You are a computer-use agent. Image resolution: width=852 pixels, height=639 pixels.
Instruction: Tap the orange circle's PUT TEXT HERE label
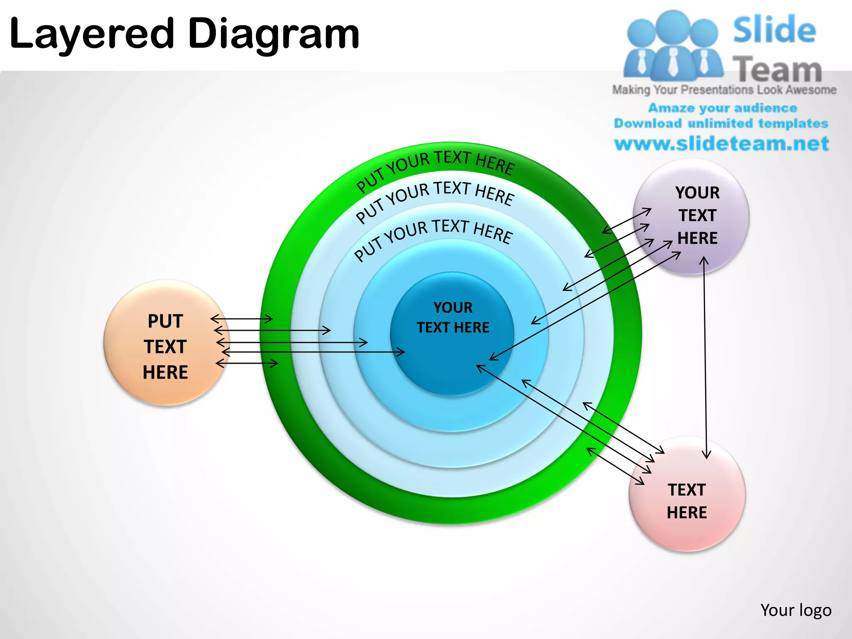coord(165,347)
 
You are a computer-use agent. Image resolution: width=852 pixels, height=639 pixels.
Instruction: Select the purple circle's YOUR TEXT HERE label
coord(697,215)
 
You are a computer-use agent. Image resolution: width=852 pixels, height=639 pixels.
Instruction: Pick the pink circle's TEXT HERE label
coord(687,501)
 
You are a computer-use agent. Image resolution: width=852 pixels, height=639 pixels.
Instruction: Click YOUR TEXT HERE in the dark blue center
coord(453,317)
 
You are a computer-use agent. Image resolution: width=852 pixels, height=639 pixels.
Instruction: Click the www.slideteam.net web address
coord(722,144)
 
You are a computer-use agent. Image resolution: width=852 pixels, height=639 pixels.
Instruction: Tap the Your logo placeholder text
coord(796,610)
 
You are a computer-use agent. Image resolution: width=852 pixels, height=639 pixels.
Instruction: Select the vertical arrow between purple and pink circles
coord(705,358)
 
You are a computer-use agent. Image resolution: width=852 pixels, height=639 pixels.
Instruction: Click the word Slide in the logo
coord(774,30)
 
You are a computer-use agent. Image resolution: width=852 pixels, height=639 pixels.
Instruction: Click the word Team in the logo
coord(777,69)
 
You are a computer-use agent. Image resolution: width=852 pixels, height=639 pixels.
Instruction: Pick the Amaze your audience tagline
coord(723,108)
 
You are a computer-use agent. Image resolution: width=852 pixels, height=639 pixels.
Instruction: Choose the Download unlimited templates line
coord(721,123)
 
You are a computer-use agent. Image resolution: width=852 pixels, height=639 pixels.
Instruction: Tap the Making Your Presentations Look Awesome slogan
coord(724,90)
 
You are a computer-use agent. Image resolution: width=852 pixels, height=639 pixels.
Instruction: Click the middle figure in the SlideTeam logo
coord(673,46)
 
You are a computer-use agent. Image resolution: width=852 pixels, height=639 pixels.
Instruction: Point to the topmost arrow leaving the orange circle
coord(242,319)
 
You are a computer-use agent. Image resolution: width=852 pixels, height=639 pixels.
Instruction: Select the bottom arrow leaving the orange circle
coord(247,363)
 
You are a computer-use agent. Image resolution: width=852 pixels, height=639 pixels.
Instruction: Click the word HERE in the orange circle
coord(165,372)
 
